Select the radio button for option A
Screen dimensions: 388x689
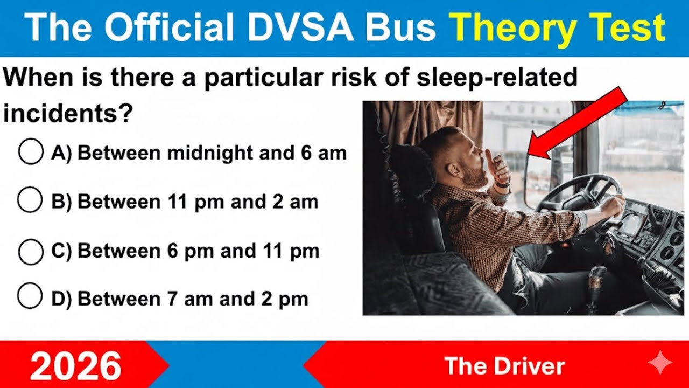click(x=31, y=153)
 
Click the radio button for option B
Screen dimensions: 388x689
click(x=31, y=201)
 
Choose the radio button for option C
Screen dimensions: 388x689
click(x=31, y=251)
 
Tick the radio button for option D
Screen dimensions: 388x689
click(x=31, y=297)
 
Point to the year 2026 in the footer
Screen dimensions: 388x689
click(x=75, y=366)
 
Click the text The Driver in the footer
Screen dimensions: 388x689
click(x=504, y=366)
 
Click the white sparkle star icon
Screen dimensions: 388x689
click(x=660, y=365)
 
